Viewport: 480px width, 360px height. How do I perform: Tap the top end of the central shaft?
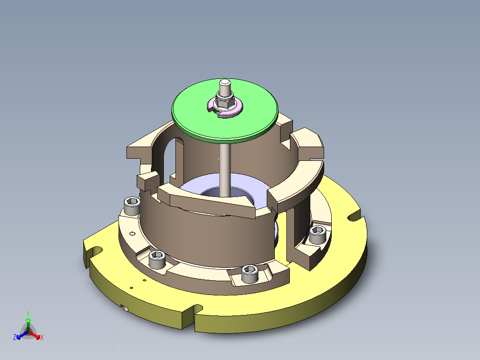point(225,83)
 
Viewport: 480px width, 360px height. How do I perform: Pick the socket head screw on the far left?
point(132,206)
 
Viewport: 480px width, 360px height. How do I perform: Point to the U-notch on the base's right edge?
point(354,217)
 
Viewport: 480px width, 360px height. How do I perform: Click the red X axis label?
point(42,338)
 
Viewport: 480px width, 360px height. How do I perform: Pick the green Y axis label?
point(28,313)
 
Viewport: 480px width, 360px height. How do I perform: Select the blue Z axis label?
point(15,338)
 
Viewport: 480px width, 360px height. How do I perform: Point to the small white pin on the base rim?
point(126,309)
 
